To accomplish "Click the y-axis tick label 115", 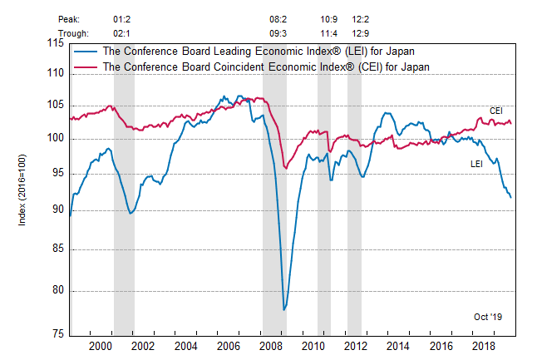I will coord(56,43).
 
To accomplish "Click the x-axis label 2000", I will coord(101,346).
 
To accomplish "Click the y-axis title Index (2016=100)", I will coord(22,187).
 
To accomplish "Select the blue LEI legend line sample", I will coord(85,51).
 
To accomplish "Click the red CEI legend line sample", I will coord(85,66).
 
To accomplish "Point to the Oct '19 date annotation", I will coord(488,317).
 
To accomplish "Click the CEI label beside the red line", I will coord(495,111).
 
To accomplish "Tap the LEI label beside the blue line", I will coord(477,164).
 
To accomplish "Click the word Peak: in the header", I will coord(70,17).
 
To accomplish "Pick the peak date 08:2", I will coord(278,17).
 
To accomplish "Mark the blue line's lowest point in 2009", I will coord(284,309).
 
